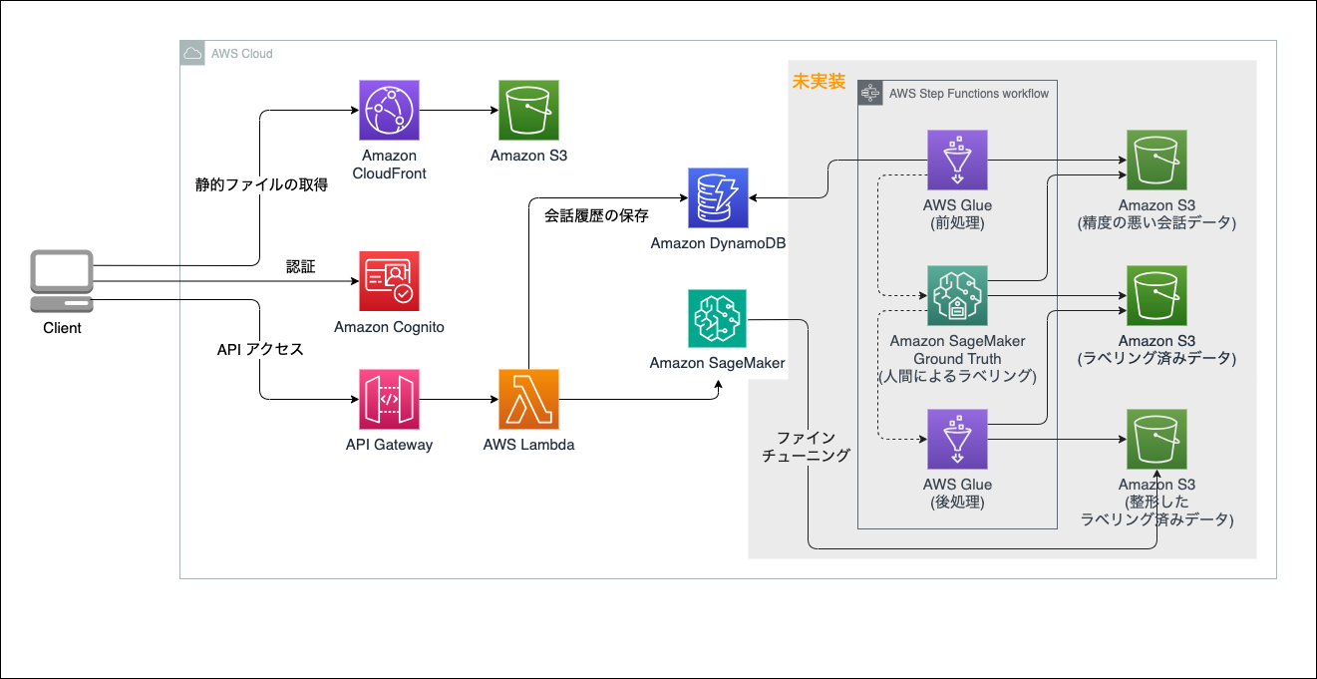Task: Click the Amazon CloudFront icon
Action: [389, 110]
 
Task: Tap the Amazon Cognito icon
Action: [389, 281]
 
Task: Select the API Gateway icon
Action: [389, 399]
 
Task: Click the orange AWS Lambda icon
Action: [528, 399]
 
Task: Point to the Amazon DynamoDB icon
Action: [718, 198]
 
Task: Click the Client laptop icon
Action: [62, 281]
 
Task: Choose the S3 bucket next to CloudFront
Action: [528, 110]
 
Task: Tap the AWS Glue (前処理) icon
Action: [957, 160]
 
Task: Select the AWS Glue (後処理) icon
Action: [957, 439]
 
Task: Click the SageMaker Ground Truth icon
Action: [957, 296]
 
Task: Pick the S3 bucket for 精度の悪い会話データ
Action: [1156, 160]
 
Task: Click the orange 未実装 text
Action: [819, 81]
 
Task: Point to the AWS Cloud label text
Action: [241, 54]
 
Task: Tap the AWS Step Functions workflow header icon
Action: [870, 93]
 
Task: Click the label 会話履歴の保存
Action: [596, 215]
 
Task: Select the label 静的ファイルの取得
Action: [261, 184]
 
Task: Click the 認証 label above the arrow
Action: [300, 267]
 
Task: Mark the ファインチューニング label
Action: [807, 447]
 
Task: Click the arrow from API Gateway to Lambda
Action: [460, 399]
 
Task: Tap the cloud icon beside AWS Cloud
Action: [192, 53]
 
